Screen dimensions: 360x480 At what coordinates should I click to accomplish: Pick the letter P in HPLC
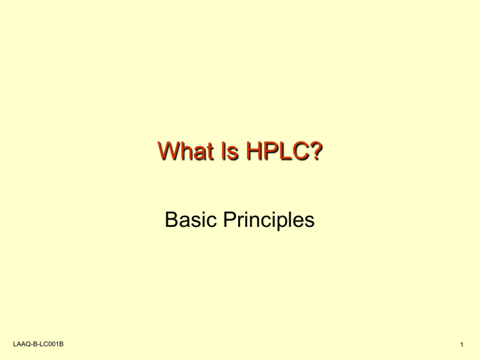pyautogui.click(x=269, y=152)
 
